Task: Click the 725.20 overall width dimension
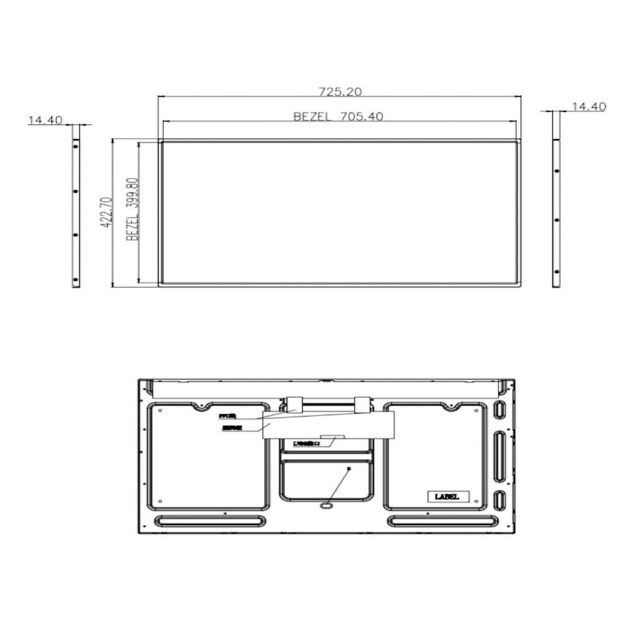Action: click(x=340, y=91)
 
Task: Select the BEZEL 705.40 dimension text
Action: click(x=338, y=116)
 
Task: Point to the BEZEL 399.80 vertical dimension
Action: click(x=132, y=210)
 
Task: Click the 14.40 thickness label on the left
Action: click(x=44, y=120)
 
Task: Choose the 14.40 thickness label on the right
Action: click(x=588, y=107)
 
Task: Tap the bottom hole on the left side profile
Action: click(x=76, y=278)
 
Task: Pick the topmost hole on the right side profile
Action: click(x=555, y=170)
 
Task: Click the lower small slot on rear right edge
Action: click(x=499, y=501)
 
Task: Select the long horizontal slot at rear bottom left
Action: click(x=210, y=520)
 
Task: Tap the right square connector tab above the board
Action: click(x=363, y=404)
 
